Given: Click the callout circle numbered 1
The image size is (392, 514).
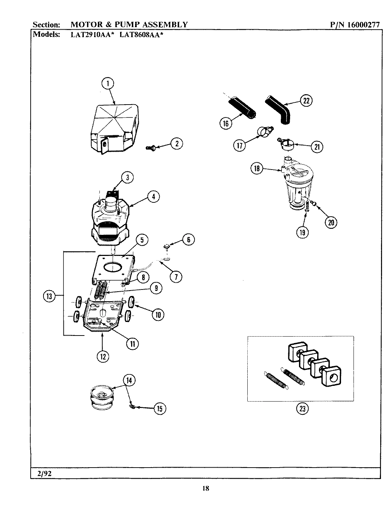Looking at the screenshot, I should [107, 84].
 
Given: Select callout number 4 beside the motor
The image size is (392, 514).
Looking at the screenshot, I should [153, 196].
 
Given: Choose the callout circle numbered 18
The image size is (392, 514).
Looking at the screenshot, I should [257, 168].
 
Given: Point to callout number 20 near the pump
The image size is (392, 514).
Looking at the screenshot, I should [331, 222].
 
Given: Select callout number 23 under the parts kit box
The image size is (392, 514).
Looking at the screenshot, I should [302, 409].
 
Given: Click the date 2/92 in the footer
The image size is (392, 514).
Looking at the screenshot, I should [43, 473].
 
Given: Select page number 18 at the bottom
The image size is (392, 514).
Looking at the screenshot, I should [205, 489].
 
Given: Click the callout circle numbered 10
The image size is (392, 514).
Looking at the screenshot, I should [158, 314].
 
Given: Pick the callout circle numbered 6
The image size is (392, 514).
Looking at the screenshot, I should [188, 240].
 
